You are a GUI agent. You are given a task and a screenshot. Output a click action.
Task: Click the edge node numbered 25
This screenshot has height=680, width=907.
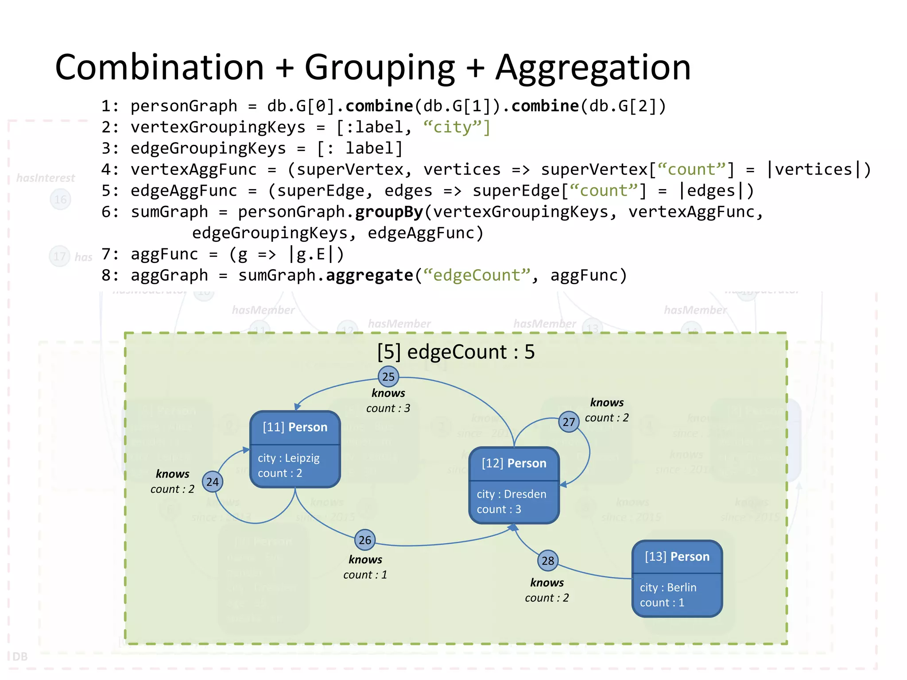(388, 377)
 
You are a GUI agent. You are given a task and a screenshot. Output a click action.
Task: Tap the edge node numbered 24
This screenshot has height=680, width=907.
(213, 482)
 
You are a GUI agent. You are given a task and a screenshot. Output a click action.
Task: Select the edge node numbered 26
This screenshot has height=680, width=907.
(365, 540)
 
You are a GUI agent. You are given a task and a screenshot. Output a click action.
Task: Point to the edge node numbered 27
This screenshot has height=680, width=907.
(569, 422)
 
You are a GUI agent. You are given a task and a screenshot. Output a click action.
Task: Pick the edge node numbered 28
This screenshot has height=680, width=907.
(548, 561)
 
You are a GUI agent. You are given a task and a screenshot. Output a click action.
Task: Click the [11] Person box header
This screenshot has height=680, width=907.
(295, 427)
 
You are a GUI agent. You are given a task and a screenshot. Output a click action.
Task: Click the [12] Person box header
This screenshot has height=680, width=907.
(514, 464)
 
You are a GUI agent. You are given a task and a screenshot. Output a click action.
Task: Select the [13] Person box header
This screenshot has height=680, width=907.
(677, 557)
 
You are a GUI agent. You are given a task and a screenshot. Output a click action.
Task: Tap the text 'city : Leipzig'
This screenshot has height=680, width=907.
(289, 458)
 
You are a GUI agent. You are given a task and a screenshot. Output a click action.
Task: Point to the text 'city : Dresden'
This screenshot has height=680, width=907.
(512, 494)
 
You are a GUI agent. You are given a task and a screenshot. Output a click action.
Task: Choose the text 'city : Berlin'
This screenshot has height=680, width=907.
(668, 587)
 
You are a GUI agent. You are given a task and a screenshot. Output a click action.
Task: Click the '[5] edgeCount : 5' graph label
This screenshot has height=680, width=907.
(456, 352)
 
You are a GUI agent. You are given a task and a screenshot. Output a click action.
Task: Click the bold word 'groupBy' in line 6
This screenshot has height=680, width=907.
(389, 212)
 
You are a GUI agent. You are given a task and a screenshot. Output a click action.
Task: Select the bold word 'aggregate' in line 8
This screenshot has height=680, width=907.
(369, 275)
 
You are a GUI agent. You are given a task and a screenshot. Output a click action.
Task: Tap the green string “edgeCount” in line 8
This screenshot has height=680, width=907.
(477, 275)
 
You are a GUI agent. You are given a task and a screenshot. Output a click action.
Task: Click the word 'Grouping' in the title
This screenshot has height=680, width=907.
(380, 67)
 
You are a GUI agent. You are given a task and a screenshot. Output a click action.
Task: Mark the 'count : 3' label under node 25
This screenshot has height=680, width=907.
(388, 408)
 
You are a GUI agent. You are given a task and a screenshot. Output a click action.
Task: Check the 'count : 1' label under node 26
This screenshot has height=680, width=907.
(365, 575)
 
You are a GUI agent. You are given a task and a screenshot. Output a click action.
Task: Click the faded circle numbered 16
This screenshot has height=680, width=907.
(61, 200)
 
